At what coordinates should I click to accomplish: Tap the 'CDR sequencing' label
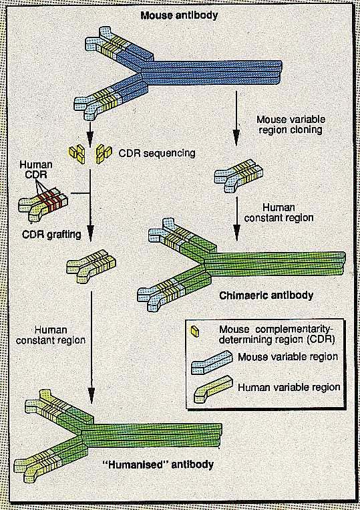pos(157,152)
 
